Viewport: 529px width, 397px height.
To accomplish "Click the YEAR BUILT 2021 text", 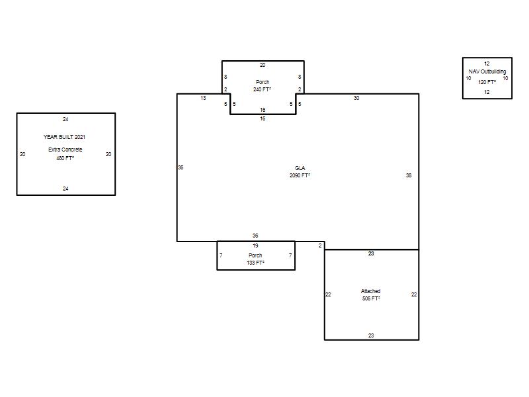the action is (64, 137).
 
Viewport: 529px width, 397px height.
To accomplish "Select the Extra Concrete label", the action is (65, 150).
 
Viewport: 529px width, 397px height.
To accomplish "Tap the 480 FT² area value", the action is (65, 158).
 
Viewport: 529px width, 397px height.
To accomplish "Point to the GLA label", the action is (300, 168).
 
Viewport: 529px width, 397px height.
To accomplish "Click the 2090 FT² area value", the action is (300, 175).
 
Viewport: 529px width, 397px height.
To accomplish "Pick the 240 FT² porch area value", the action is (262, 89).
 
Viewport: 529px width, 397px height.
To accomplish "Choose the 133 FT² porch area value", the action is (255, 263).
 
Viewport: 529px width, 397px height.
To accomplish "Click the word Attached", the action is (371, 291).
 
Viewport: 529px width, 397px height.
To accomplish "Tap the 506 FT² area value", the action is (371, 298).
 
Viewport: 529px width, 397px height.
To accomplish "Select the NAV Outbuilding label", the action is (487, 71).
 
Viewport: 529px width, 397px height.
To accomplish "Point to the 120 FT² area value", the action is (487, 82).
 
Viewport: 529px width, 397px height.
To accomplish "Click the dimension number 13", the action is (203, 98).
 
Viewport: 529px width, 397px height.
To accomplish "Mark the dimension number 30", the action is (356, 98).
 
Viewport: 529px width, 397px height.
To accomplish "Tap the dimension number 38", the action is (409, 175).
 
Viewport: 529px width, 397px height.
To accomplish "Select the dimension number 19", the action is (255, 245).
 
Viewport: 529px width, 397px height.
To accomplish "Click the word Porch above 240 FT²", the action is (263, 82).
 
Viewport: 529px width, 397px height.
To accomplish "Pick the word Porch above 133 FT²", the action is (255, 255).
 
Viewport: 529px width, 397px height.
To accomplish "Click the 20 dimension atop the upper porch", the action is (263, 65).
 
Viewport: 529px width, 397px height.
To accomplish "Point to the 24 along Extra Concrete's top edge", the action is (65, 119).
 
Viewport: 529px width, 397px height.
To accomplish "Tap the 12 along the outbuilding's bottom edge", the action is (487, 92).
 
